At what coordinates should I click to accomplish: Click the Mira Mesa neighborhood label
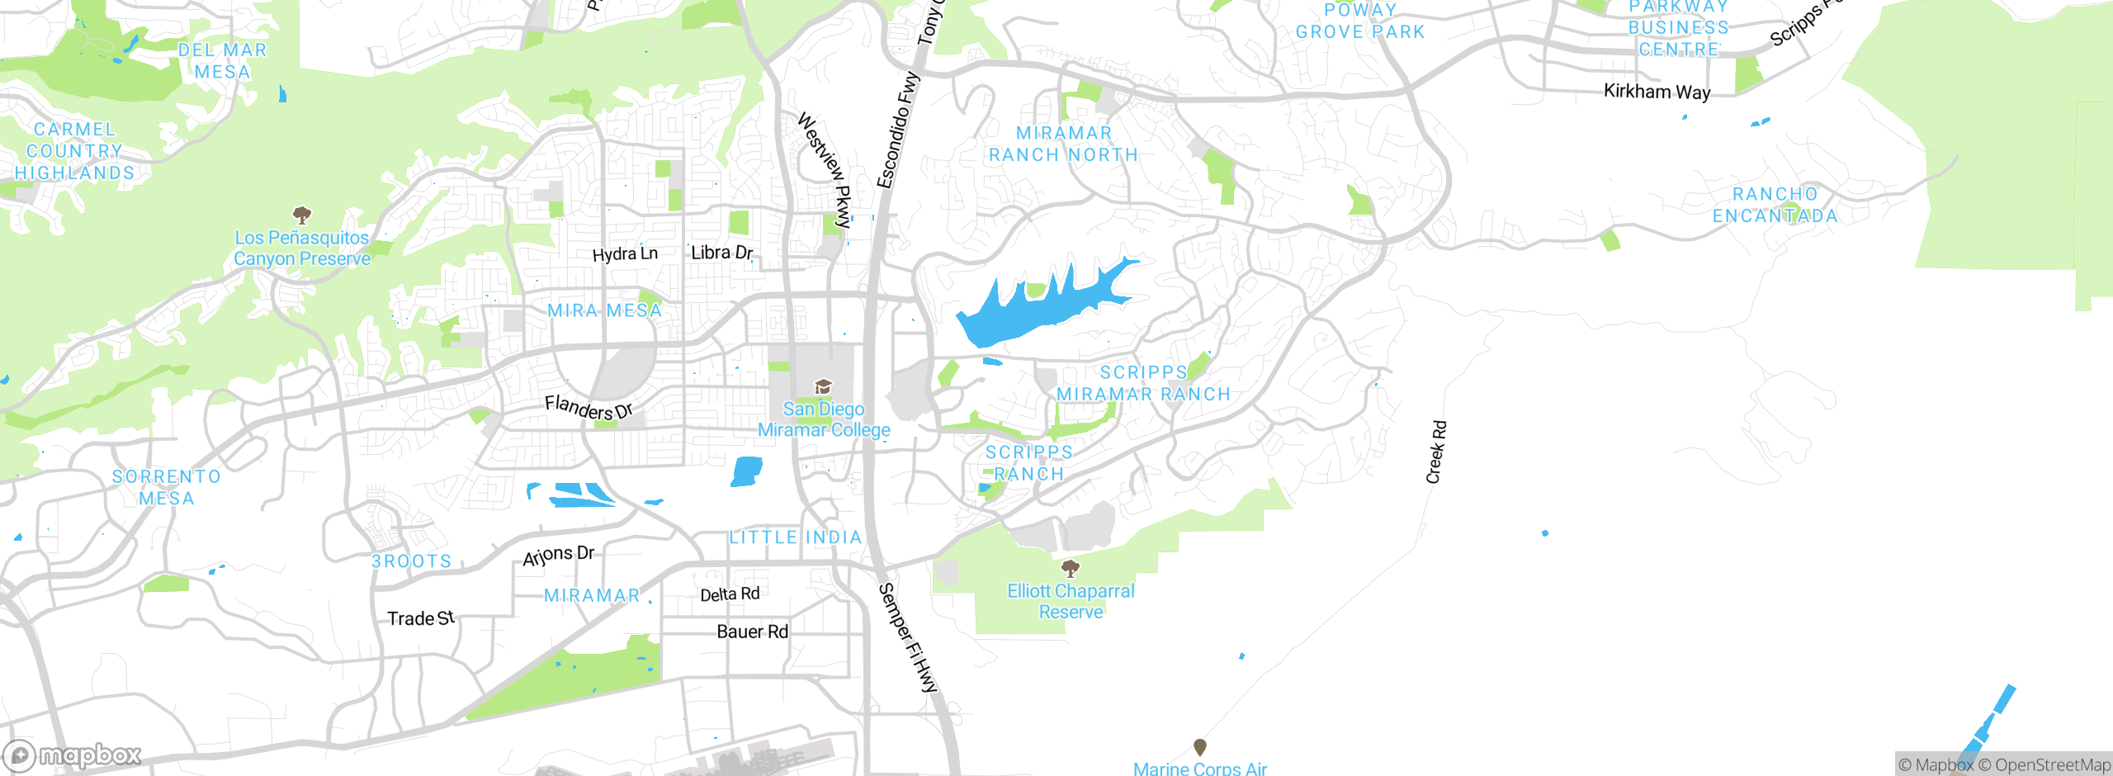tap(604, 311)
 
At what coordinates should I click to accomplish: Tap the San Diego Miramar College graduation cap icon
tap(823, 387)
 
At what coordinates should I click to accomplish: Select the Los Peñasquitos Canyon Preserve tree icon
tap(302, 216)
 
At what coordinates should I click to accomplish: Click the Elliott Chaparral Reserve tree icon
tap(1071, 568)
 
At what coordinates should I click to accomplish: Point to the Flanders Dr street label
tap(588, 408)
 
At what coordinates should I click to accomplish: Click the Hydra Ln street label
tap(625, 254)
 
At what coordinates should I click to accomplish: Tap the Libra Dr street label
tap(721, 253)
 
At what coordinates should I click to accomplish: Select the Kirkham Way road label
tap(1657, 92)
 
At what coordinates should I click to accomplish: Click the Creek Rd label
tap(1436, 452)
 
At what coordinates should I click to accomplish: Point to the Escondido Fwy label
tap(897, 130)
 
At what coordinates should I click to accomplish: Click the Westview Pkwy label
tap(825, 170)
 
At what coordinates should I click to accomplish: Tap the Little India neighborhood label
tap(795, 538)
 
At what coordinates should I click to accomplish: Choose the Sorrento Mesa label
tap(167, 488)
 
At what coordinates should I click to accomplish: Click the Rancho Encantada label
tap(1775, 206)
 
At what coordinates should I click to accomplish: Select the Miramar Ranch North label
tap(1063, 144)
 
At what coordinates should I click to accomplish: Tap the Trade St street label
tap(421, 618)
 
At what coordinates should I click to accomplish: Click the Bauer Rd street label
tap(752, 632)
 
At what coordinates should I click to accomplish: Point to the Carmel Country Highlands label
tap(74, 151)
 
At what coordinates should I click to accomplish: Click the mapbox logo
tap(73, 755)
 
